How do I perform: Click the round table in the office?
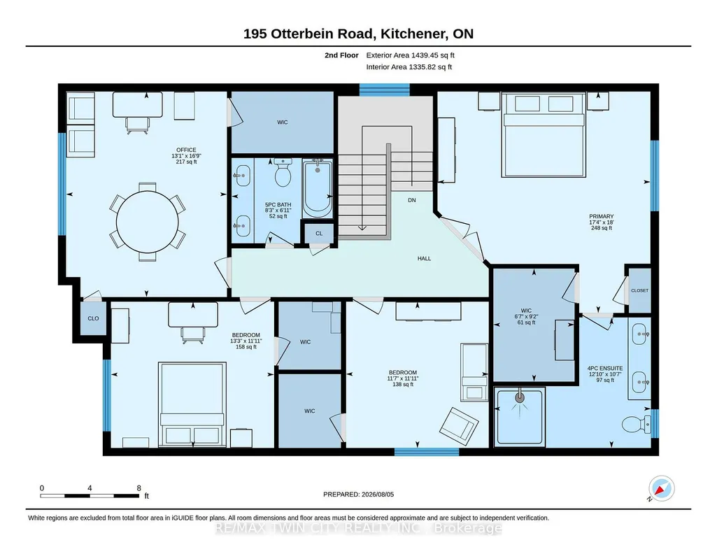(147, 222)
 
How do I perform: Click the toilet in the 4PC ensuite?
(637, 424)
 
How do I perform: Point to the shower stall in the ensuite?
(520, 415)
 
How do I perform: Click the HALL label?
(424, 258)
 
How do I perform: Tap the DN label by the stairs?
(411, 200)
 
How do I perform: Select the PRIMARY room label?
(602, 216)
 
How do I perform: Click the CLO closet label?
(93, 318)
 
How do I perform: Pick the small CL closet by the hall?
(319, 233)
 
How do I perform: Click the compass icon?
(661, 489)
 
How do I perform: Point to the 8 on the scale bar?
(139, 488)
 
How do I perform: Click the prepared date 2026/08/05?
(378, 494)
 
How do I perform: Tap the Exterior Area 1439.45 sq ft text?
(410, 55)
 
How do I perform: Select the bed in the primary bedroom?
(544, 134)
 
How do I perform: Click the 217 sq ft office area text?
(186, 162)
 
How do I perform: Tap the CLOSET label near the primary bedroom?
(639, 291)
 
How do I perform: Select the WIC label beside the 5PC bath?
(282, 122)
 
